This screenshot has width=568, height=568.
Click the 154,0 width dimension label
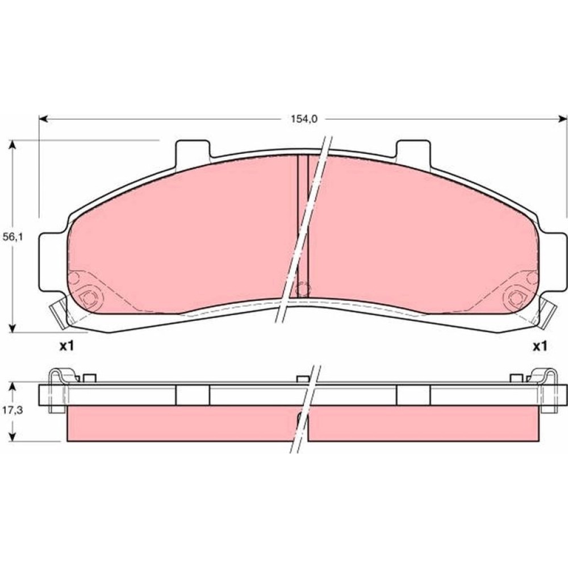(x=304, y=119)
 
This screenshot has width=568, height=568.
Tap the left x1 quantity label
(x=66, y=346)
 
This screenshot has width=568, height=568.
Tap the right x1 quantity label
(x=540, y=346)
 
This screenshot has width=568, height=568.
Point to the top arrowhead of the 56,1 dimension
(x=12, y=144)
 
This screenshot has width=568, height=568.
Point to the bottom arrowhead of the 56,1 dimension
(x=12, y=328)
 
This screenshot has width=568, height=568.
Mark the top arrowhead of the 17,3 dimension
(x=12, y=387)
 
